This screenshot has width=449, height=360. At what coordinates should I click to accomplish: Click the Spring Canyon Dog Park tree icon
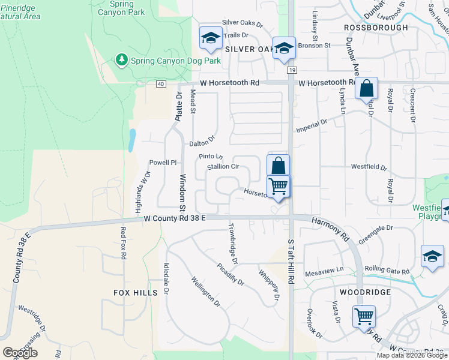[x=122, y=60]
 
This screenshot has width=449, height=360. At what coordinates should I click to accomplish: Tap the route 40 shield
[x=161, y=84]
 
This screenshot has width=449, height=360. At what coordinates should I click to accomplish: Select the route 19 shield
[x=291, y=71]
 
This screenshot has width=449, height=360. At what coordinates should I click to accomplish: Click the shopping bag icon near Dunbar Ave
[x=366, y=89]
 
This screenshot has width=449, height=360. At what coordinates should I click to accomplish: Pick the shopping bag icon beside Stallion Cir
[x=278, y=166]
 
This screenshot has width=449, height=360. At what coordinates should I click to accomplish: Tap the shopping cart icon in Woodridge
[x=364, y=316]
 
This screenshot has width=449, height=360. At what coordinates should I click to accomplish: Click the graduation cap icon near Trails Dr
[x=211, y=38]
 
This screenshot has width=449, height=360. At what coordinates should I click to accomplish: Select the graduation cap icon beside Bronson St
[x=283, y=49]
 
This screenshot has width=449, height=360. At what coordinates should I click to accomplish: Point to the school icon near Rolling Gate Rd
[x=432, y=256]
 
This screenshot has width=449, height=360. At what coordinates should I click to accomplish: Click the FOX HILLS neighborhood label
[x=135, y=293]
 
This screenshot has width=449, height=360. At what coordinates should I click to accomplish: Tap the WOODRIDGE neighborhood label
[x=366, y=292]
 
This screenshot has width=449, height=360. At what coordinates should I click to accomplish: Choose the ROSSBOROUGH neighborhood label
[x=376, y=28]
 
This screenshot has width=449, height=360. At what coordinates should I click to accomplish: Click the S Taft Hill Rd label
[x=291, y=264]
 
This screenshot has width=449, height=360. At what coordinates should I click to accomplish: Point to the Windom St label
[x=182, y=188]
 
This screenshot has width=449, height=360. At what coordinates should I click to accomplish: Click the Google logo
[x=20, y=353]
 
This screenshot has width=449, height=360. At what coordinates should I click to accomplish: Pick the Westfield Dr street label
[x=369, y=169]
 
